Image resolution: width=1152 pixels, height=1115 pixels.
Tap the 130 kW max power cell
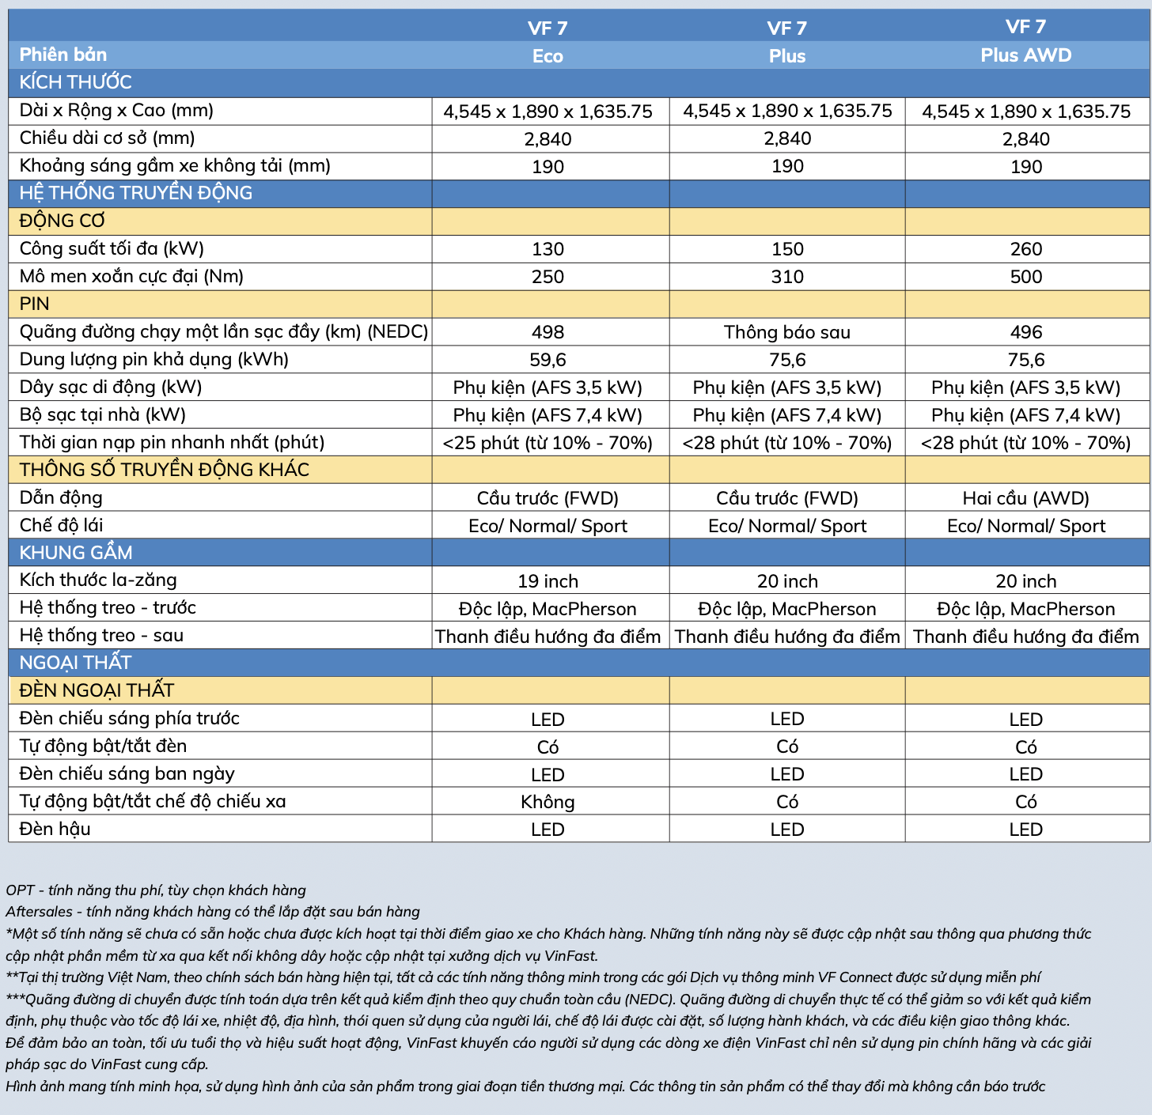click(548, 249)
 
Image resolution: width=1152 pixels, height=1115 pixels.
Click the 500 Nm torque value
click(1025, 277)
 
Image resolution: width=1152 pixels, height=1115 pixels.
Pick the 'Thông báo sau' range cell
click(786, 332)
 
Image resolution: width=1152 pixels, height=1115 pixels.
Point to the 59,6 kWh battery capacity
click(548, 360)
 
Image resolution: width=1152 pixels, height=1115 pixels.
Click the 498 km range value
click(548, 332)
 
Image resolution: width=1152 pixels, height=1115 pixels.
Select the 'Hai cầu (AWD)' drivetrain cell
click(1025, 498)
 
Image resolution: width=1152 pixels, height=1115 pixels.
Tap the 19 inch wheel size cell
click(548, 581)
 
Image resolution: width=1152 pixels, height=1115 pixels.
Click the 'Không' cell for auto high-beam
click(548, 802)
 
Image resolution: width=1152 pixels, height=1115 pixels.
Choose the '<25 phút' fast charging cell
click(548, 443)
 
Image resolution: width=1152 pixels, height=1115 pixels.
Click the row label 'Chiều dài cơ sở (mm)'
click(107, 138)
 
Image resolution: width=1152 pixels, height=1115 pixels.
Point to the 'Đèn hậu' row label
click(55, 829)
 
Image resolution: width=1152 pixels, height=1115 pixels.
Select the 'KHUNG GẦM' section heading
click(76, 553)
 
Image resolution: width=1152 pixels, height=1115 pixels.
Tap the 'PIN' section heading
click(35, 304)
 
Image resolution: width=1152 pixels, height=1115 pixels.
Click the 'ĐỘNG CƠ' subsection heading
click(62, 221)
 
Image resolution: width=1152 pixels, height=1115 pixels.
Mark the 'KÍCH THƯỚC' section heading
click(75, 82)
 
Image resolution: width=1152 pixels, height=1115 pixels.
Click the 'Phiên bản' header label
click(63, 55)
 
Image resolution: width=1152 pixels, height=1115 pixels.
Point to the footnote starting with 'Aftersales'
click(213, 912)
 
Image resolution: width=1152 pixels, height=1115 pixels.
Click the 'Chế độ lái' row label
click(61, 525)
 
